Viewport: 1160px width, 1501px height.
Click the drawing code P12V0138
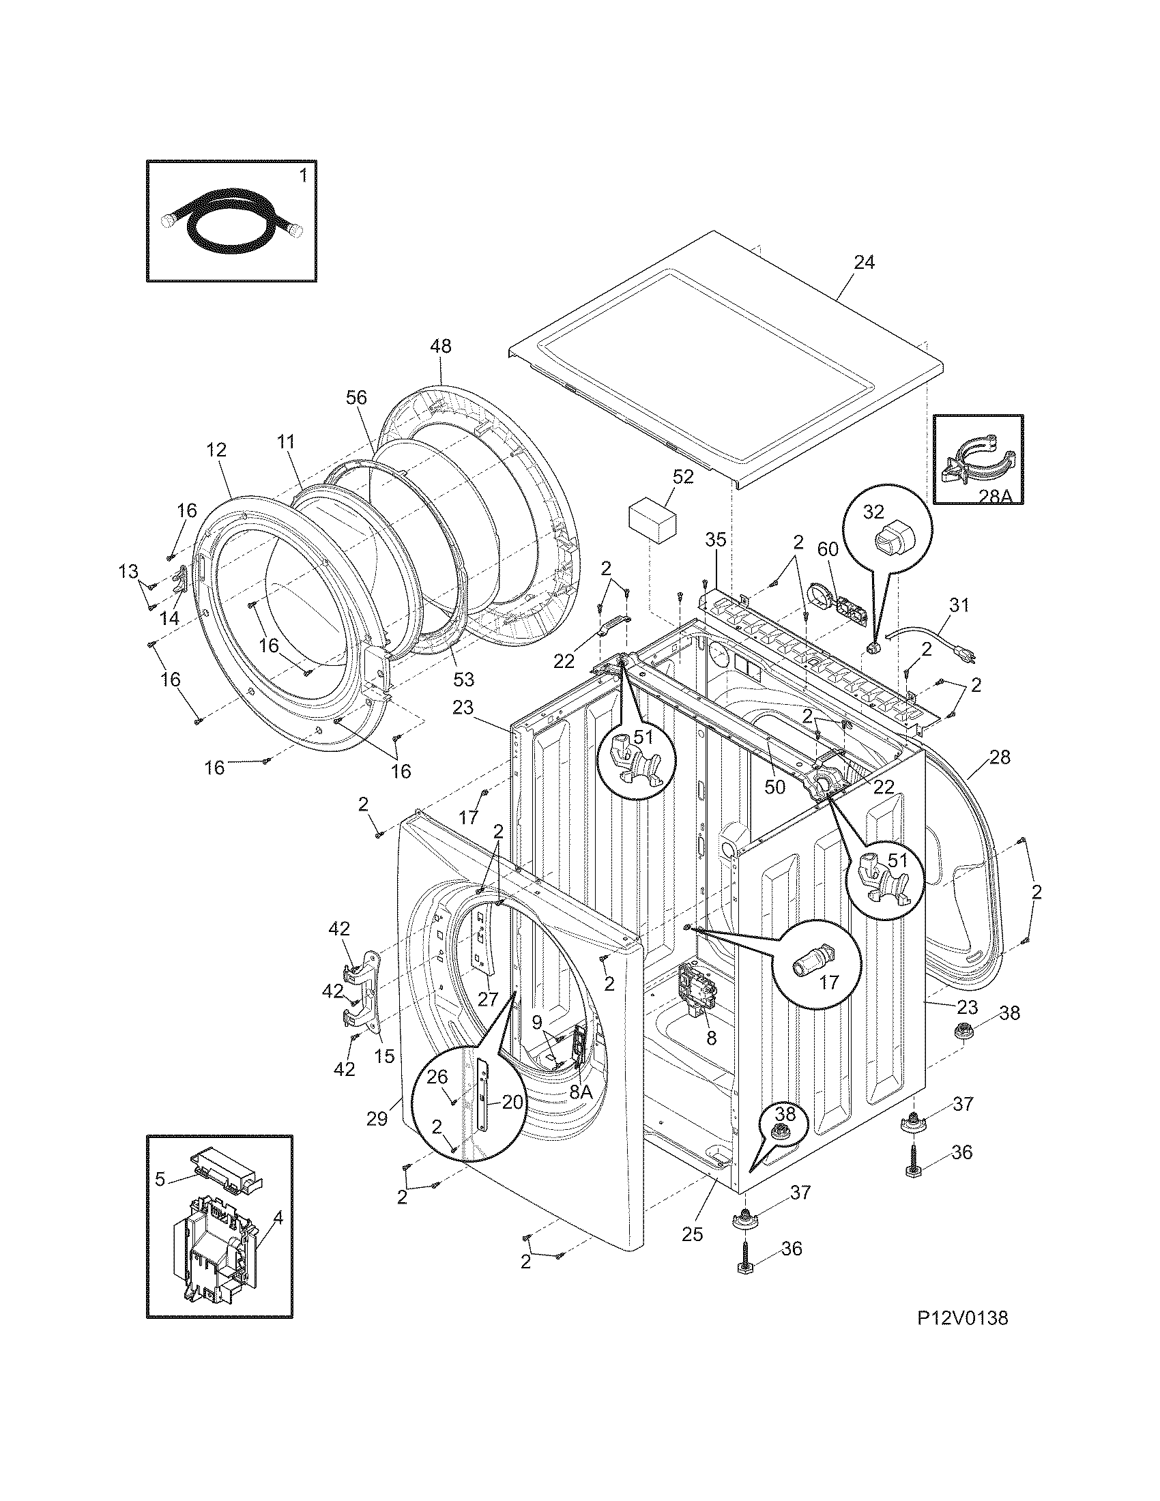(962, 1337)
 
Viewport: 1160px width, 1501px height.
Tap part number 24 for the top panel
(864, 263)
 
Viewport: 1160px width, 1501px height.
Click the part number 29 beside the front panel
(378, 1119)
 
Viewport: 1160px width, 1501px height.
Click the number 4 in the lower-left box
(277, 1219)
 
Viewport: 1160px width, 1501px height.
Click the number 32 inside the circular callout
(873, 512)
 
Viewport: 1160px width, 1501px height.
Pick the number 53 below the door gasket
(463, 680)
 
